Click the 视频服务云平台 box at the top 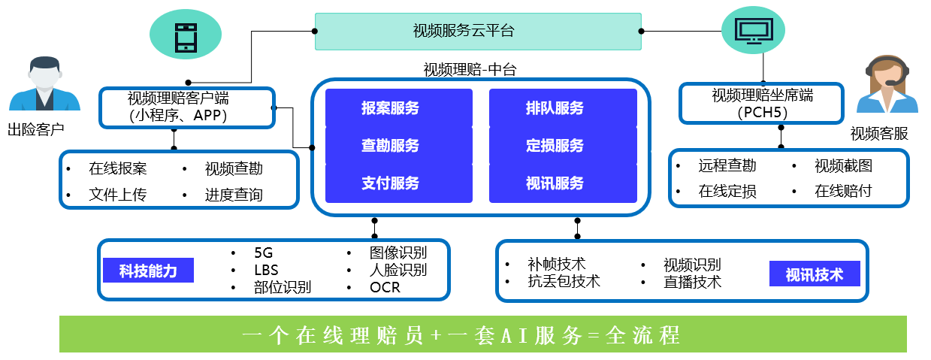pos(478,31)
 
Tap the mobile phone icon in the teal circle pos(185,34)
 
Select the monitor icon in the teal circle pos(753,31)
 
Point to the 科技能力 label pos(148,271)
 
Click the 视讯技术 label pos(815,274)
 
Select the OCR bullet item pos(385,288)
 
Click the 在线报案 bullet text pos(118,169)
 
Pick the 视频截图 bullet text pos(843,166)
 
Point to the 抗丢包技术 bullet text pos(564,282)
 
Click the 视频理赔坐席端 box pos(762,104)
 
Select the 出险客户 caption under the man pos(35,129)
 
